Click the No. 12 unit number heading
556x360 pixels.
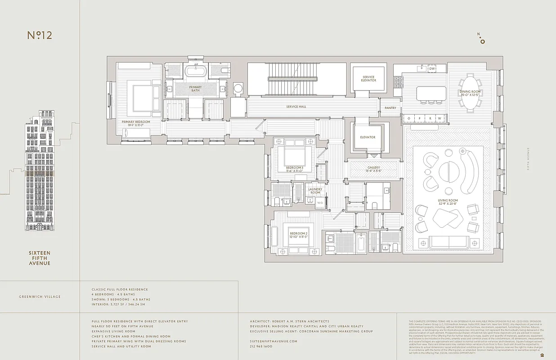tap(40, 36)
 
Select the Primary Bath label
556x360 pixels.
tap(195, 89)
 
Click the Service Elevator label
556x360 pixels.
tap(368, 79)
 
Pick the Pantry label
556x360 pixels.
tap(390, 108)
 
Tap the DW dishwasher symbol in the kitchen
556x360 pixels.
tap(432, 69)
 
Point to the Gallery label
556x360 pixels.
tap(373, 169)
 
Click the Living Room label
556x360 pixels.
tap(448, 202)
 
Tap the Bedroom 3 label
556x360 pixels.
tap(295, 169)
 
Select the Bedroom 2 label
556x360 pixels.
tap(298, 235)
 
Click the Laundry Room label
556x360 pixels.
tap(315, 191)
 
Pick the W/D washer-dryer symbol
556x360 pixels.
tap(320, 202)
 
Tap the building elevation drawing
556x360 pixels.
tap(40, 171)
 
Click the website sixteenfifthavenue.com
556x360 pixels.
tap(274, 342)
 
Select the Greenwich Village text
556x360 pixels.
tap(40, 297)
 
